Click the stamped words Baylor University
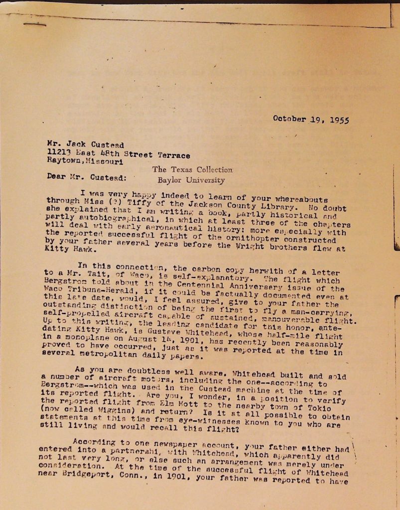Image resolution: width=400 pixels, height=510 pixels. coord(191,180)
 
